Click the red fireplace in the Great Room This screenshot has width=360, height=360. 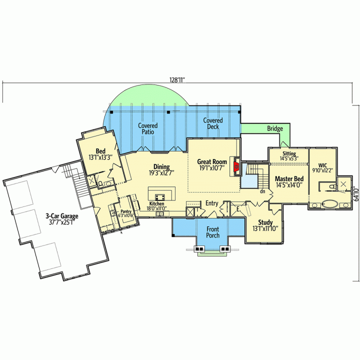click(x=236, y=166)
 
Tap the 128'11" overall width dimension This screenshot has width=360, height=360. click(x=177, y=80)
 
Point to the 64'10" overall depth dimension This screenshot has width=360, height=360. click(x=356, y=194)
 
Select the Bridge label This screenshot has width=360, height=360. click(x=275, y=128)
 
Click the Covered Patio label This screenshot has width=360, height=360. click(x=148, y=128)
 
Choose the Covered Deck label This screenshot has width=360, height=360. click(x=213, y=123)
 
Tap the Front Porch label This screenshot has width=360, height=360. click(x=213, y=232)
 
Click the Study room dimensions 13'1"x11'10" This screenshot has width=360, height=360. click(x=265, y=228)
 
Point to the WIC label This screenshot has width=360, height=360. click(x=322, y=165)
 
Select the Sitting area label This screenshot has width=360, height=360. click(x=289, y=153)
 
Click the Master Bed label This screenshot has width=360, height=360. click(x=289, y=178)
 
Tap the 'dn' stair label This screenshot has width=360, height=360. click(x=262, y=191)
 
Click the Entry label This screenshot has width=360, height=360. click(x=211, y=203)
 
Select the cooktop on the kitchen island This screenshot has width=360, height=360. click(x=160, y=197)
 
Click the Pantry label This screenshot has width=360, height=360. click(x=126, y=211)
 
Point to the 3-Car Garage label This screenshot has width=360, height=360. click(x=62, y=216)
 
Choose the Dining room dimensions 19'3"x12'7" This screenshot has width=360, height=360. click(x=161, y=172)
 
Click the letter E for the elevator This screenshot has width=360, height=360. click(x=238, y=209)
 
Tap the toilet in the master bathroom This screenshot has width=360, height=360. click(x=332, y=186)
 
